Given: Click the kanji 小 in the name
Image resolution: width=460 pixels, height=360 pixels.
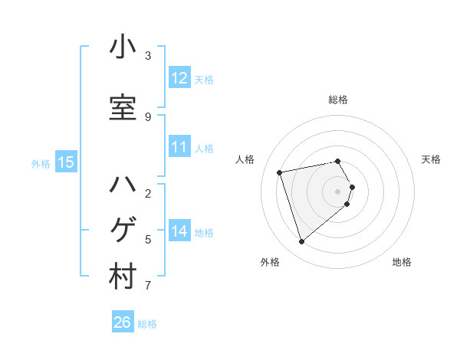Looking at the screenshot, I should [x=123, y=47].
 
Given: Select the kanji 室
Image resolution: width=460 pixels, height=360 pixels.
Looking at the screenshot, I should [x=123, y=108].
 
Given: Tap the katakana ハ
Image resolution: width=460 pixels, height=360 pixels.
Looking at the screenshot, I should [x=123, y=185].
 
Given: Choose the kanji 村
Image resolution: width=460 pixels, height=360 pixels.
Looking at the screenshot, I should [x=123, y=277].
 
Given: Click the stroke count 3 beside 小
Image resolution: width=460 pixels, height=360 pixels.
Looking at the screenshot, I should [x=148, y=55].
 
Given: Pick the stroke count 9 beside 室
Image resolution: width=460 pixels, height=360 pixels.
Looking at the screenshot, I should [x=148, y=116].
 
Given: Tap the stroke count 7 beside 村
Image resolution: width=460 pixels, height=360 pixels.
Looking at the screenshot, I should [x=148, y=286].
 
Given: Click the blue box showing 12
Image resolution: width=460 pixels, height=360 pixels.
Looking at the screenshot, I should [x=179, y=78].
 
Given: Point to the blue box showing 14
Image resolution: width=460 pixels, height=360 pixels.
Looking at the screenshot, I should [x=179, y=231].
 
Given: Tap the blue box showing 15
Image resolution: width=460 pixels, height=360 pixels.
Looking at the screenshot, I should [x=66, y=162].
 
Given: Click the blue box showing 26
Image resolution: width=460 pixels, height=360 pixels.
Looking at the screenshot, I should [x=123, y=322].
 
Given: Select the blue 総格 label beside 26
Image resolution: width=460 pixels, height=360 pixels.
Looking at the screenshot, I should [x=147, y=324].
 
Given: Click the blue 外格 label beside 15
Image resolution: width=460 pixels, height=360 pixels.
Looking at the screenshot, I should [x=41, y=163].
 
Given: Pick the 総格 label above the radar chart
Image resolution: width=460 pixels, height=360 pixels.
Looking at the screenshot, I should [x=338, y=100].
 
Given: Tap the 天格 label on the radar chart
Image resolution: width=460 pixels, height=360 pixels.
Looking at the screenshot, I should [x=431, y=159].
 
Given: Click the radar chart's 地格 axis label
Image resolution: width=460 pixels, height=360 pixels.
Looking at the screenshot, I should [x=402, y=262].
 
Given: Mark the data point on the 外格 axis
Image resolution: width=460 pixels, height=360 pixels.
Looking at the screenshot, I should [x=301, y=242].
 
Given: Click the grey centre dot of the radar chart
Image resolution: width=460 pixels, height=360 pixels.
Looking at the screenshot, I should [x=338, y=191].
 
